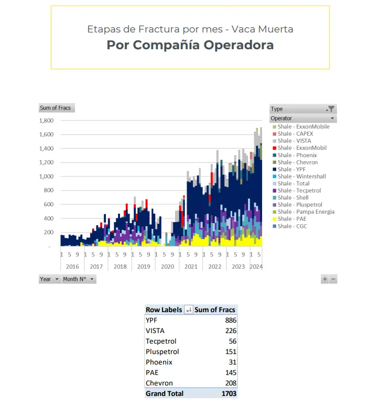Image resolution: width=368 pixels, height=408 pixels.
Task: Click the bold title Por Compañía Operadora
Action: pyautogui.click(x=190, y=45)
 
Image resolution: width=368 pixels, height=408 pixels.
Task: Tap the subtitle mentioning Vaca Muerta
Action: pyautogui.click(x=190, y=29)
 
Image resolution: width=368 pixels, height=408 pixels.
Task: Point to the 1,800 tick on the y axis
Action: pyautogui.click(x=47, y=120)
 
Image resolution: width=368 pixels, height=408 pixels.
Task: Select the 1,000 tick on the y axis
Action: pyautogui.click(x=47, y=177)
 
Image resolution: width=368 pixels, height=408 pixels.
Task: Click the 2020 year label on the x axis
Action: pyautogui.click(x=167, y=267)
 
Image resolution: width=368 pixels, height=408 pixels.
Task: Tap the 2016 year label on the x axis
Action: pyautogui.click(x=72, y=267)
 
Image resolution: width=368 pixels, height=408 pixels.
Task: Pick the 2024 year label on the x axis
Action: pyautogui.click(x=256, y=267)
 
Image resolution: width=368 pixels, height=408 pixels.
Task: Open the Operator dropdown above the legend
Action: pyautogui.click(x=332, y=118)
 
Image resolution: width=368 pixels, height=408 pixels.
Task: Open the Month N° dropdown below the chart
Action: pyautogui.click(x=79, y=279)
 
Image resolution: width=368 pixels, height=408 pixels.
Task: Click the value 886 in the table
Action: pyautogui.click(x=230, y=320)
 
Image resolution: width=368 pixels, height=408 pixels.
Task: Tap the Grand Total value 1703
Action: pyautogui.click(x=228, y=393)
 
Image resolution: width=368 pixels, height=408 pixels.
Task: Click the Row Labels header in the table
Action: pyautogui.click(x=164, y=310)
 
